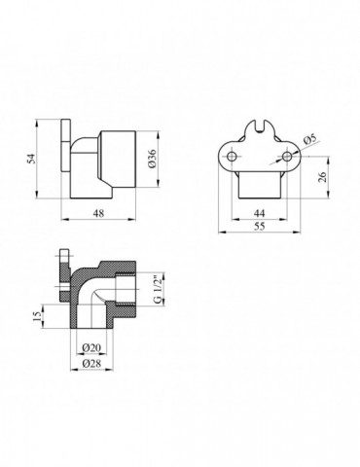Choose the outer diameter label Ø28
click(94, 363)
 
